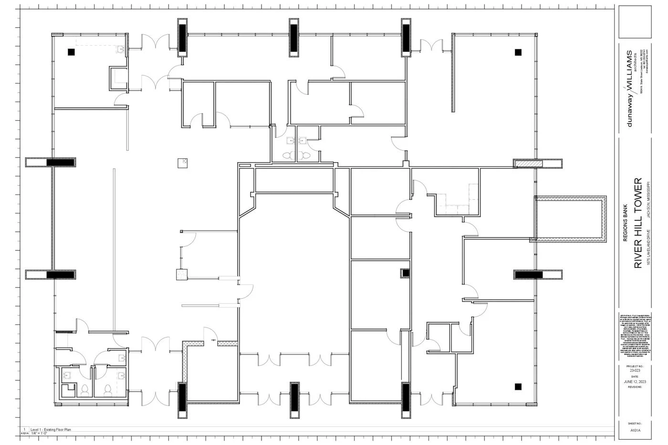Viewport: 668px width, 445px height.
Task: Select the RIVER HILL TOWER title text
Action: coord(638,223)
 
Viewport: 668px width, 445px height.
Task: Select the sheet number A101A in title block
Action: coord(635,430)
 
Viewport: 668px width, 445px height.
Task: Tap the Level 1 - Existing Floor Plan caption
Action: coord(51,430)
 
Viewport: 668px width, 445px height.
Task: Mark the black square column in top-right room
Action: coord(518,52)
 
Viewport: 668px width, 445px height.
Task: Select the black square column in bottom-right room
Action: coord(518,386)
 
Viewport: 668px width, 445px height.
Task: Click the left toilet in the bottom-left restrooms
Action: coord(84,390)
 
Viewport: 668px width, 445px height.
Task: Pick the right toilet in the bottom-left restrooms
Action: coord(108,390)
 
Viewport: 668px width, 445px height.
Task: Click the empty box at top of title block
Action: coord(635,21)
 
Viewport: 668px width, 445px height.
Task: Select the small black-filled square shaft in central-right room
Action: coord(406,273)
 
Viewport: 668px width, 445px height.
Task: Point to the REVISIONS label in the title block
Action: coord(635,387)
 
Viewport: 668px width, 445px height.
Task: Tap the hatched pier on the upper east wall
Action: coord(528,164)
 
